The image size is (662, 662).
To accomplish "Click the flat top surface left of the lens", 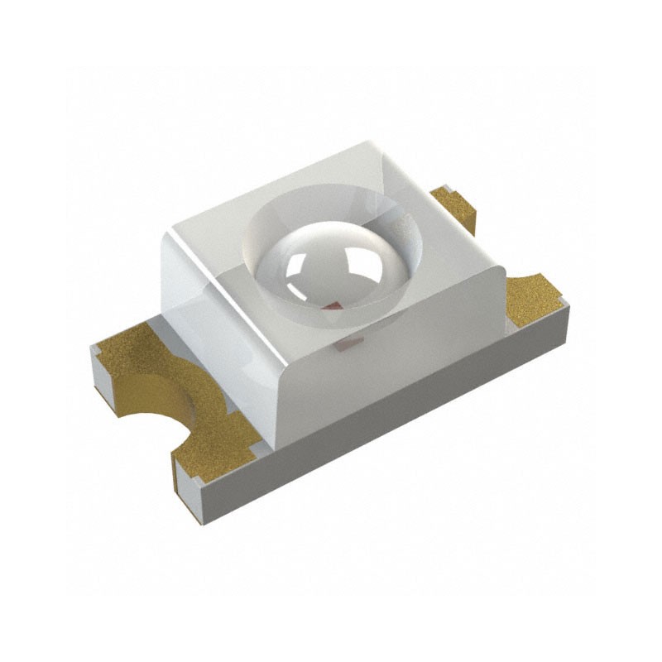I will [215, 223].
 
